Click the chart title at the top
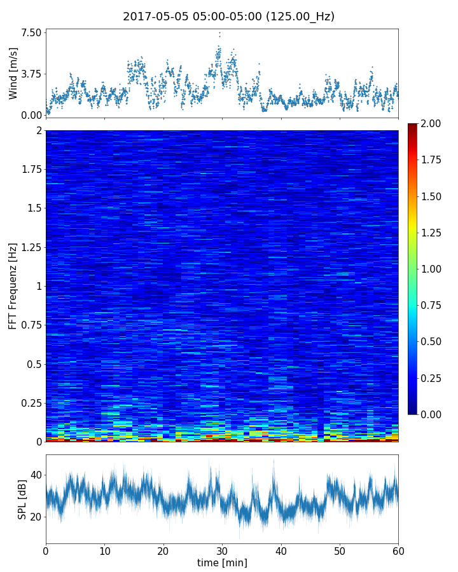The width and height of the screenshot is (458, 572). [x=228, y=17]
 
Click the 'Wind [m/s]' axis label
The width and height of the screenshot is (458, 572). [x=13, y=73]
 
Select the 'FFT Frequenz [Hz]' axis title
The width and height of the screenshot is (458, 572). [x=13, y=285]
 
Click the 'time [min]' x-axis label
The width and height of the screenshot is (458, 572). [x=222, y=562]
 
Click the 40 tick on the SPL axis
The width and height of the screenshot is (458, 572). [x=36, y=475]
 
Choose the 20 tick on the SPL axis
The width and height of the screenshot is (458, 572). [x=36, y=516]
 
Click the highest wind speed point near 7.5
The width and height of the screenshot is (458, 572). [x=219, y=32]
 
